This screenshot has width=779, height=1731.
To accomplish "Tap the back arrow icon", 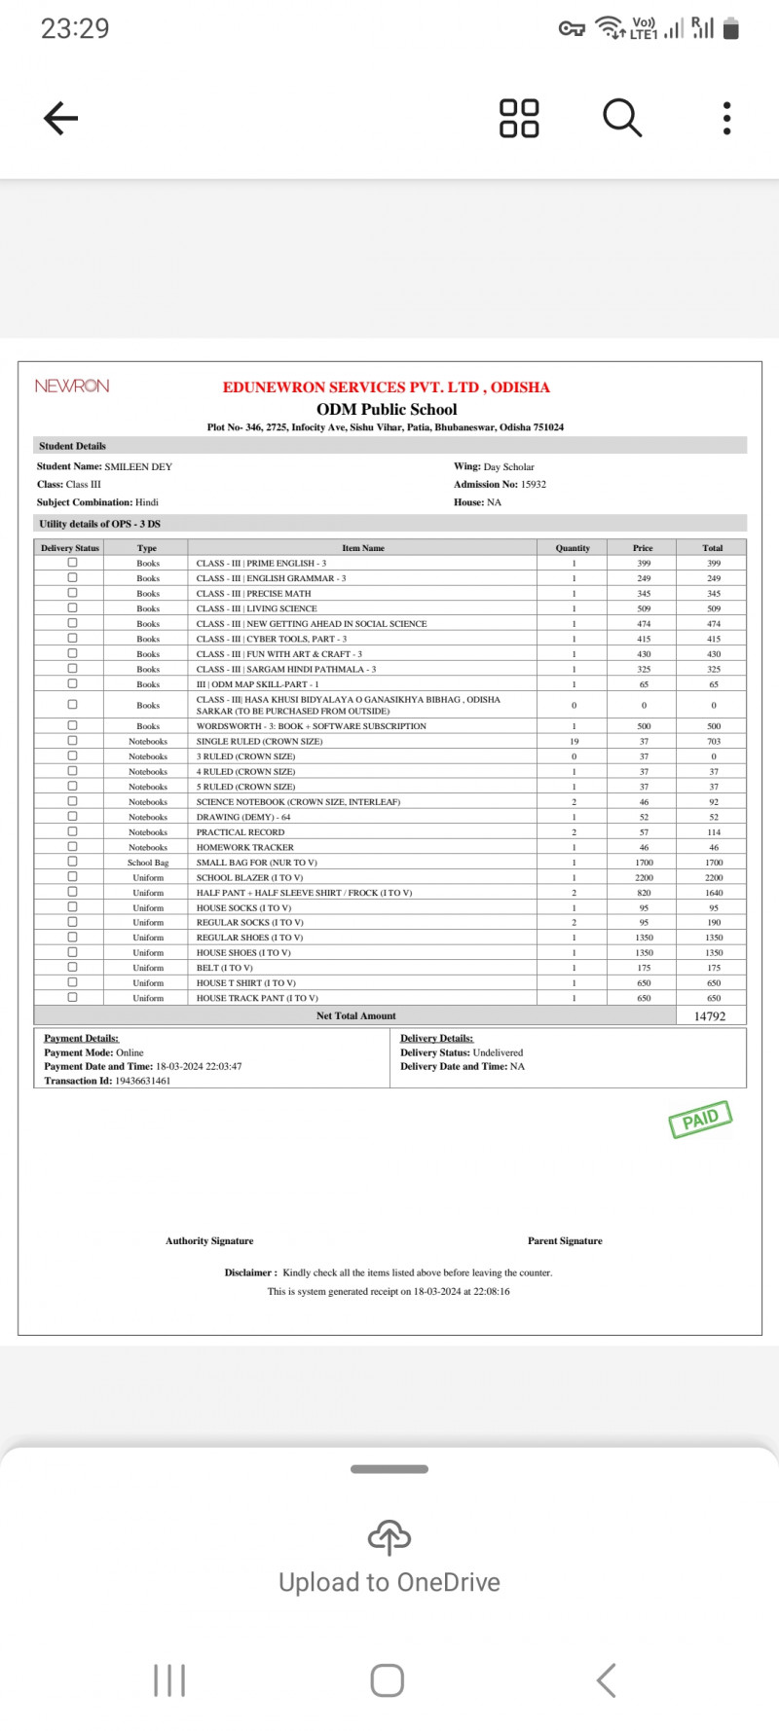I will pos(60,118).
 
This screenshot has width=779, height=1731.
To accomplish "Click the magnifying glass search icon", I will pos(622,118).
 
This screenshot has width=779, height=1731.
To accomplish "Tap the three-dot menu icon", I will pos(726,118).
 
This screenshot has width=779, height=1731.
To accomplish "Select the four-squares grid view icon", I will pos(519,118).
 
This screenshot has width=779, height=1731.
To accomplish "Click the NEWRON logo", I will pos(72,387).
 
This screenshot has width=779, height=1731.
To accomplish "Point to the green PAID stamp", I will pos(700,1119).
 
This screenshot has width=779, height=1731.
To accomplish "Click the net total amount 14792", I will pos(710,1016).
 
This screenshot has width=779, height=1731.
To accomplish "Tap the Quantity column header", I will pos(573,548).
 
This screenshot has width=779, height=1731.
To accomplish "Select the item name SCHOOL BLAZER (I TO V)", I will pos(249,877).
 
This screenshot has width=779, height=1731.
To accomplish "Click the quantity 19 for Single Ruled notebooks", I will pos(574,742).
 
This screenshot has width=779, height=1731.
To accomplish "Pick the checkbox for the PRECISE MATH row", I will pos(72,593).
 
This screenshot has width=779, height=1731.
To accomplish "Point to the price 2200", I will pos(644,877).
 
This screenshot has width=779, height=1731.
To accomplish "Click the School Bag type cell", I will pos(148,863).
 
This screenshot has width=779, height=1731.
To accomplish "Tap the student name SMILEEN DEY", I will pos(138,467).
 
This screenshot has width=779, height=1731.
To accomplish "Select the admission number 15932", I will pos(534,484).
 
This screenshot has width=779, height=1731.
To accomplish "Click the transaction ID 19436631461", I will pos(142,1081).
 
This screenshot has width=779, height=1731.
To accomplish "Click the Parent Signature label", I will pos(565,1241).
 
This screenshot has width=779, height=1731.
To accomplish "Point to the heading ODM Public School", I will pos(387,410).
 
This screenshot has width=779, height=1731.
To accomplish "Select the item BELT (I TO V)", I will pos(224,968).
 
